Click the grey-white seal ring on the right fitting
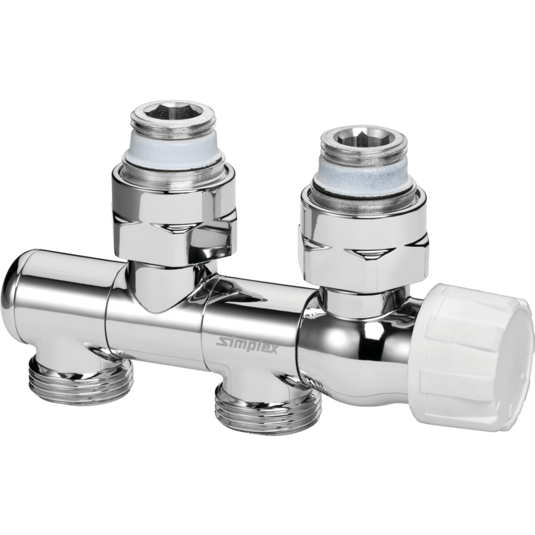360,172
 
